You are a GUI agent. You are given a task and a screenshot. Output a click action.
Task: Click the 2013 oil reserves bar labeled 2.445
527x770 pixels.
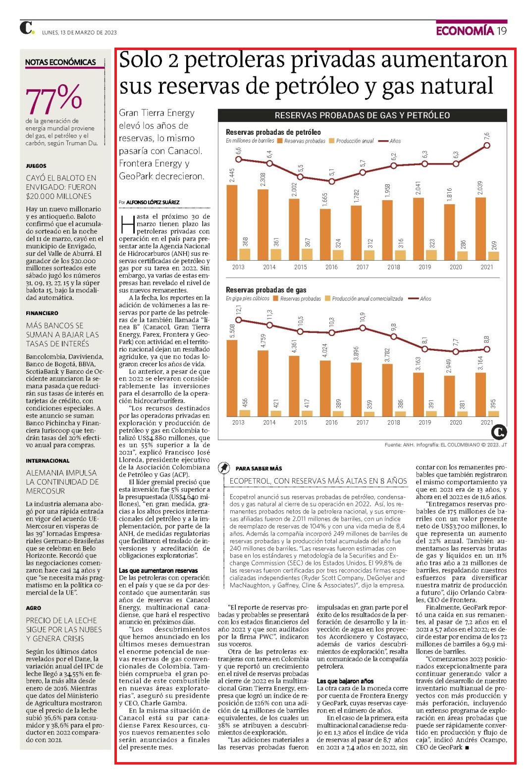232,222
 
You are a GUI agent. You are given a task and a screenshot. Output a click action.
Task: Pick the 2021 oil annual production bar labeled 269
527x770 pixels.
493,256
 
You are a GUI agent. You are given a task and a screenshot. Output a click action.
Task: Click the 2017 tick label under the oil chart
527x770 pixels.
363,267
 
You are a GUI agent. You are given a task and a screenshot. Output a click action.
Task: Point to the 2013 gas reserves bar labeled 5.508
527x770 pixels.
232,378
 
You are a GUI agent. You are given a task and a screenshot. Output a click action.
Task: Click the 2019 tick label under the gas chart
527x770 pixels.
424,423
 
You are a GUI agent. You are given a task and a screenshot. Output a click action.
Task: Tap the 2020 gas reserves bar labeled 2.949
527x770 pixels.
449,396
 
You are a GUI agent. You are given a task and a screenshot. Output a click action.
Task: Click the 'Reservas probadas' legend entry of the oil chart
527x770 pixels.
301,141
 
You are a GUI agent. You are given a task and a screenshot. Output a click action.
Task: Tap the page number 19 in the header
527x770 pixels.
502,31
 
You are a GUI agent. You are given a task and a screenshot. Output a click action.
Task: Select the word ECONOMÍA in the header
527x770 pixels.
465,31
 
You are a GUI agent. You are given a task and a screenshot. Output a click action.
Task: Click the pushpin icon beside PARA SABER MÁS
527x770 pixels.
224,468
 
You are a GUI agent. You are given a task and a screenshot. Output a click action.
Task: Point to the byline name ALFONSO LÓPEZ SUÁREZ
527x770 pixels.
153,202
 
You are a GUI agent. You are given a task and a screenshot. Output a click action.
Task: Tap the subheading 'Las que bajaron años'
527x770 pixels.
345,681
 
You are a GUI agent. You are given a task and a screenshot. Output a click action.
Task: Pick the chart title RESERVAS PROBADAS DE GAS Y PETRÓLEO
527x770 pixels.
362,115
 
